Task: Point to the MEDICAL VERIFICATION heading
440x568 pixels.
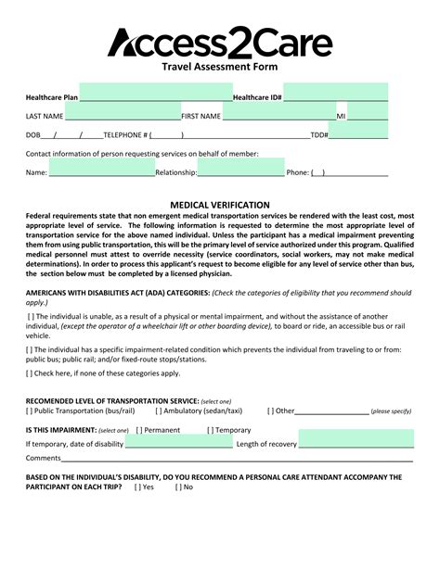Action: point(220,205)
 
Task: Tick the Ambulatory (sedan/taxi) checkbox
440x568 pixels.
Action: point(159,410)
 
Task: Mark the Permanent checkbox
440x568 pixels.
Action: point(139,430)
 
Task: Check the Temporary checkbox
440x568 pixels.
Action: point(210,430)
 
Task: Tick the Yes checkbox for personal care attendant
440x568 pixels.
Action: point(138,486)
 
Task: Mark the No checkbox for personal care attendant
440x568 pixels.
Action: point(178,486)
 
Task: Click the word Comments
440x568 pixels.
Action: point(43,458)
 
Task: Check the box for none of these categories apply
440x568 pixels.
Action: point(29,373)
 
